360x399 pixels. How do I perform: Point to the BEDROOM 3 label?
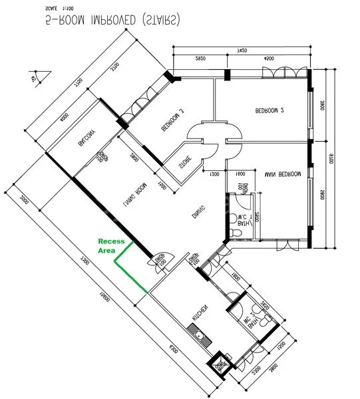point(172,120)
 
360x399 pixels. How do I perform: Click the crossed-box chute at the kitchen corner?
point(220,365)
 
